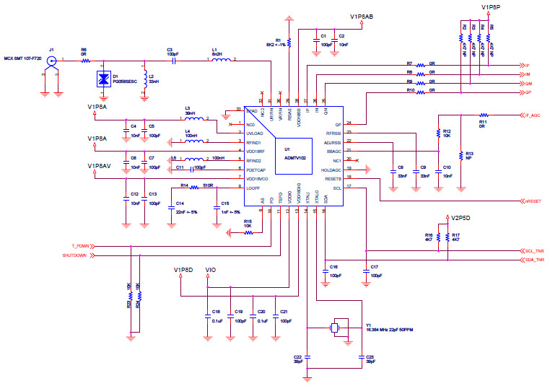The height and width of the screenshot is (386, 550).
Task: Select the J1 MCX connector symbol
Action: pyautogui.click(x=51, y=62)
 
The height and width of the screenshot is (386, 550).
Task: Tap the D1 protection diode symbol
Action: pyautogui.click(x=102, y=79)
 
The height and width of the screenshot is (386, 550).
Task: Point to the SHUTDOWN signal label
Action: pyautogui.click(x=74, y=255)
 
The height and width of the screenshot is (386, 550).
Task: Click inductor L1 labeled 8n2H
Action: pyautogui.click(x=219, y=61)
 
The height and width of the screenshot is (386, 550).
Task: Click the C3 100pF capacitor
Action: pyautogui.click(x=173, y=61)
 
